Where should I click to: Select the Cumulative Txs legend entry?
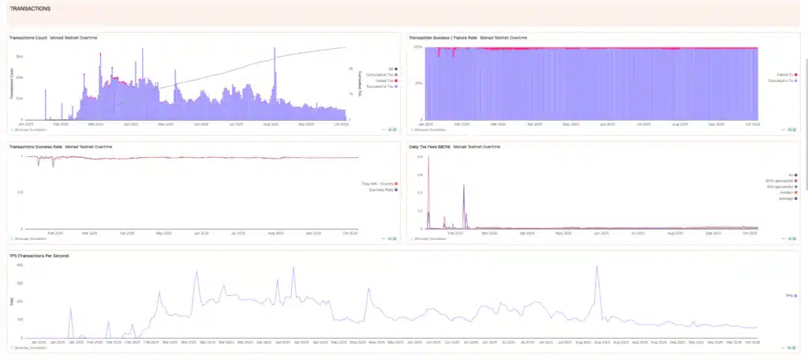[380, 75]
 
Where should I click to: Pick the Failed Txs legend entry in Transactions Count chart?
[383, 81]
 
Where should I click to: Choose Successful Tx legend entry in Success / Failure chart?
[781, 81]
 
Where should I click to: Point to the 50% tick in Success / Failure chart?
[418, 83]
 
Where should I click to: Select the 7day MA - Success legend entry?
[379, 184]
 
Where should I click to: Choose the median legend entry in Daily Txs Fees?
[784, 192]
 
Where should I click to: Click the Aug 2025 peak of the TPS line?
[597, 267]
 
